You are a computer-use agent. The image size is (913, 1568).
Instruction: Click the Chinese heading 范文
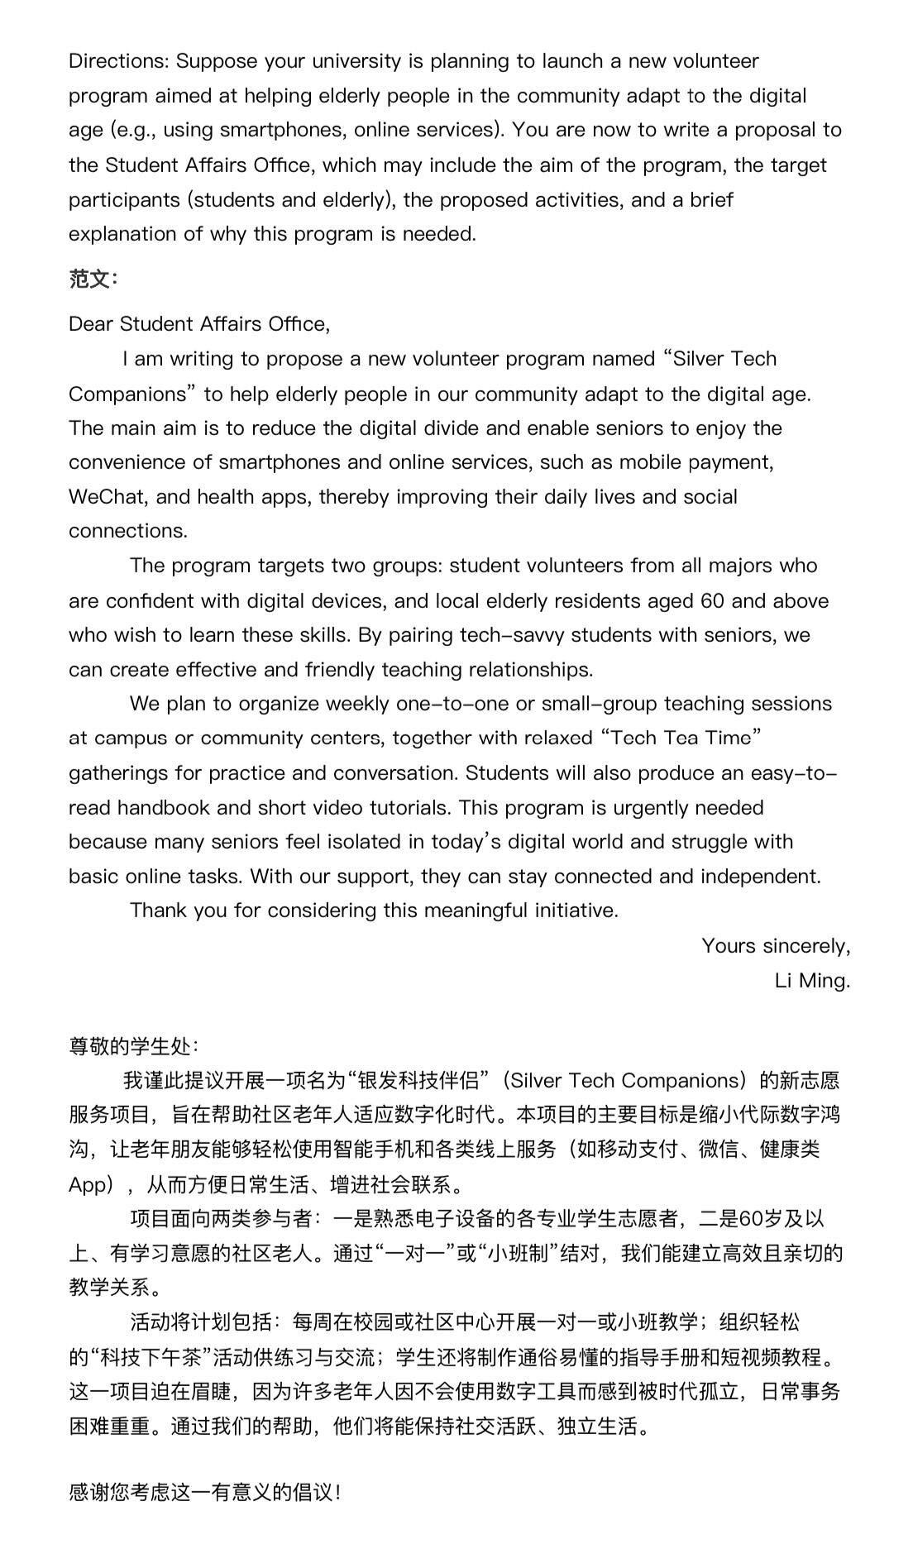click(x=91, y=279)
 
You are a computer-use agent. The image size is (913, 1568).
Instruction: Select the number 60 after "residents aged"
click(x=712, y=601)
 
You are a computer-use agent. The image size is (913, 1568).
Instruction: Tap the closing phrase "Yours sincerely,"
click(x=776, y=946)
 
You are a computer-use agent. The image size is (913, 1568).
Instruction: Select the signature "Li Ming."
click(x=812, y=981)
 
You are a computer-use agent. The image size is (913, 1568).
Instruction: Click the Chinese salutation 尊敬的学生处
click(x=132, y=1047)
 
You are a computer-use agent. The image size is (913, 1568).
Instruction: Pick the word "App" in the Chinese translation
click(x=89, y=1185)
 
